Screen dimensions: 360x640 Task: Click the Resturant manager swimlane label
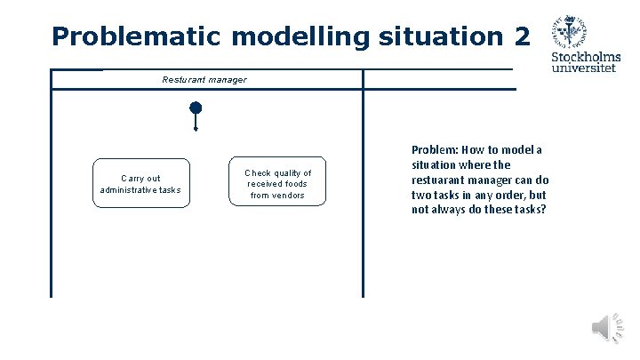(204, 80)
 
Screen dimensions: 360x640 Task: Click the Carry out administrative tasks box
(140, 183)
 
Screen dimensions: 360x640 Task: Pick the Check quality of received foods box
(277, 184)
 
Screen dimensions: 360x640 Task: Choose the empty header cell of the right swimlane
(439, 80)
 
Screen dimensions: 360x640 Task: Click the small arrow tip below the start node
(196, 129)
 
